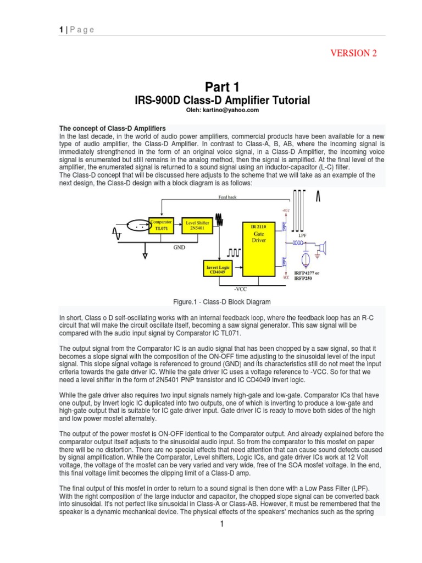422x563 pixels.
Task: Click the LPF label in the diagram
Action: (x=302, y=235)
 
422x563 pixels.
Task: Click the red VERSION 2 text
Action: (x=353, y=53)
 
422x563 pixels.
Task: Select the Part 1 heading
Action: (x=223, y=86)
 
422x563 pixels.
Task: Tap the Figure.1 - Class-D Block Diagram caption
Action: (x=223, y=302)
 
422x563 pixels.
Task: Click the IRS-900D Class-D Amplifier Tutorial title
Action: (x=223, y=100)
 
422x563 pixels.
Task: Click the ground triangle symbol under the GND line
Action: (x=146, y=255)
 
